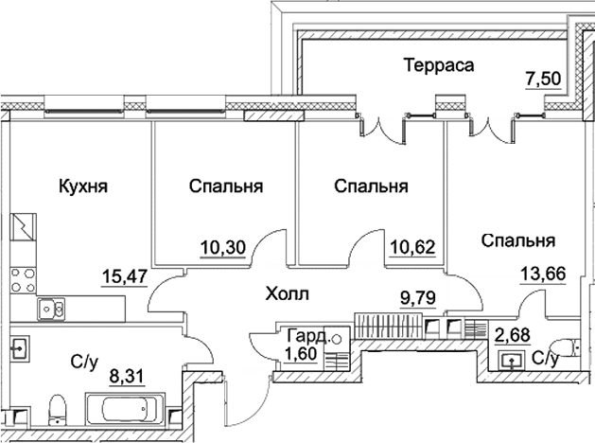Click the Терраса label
pyautogui.click(x=437, y=65)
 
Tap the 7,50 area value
pyautogui.click(x=544, y=80)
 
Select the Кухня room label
pyautogui.click(x=82, y=186)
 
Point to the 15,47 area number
pyautogui.click(x=124, y=276)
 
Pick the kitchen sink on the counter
pyautogui.click(x=50, y=309)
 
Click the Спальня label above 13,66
pyautogui.click(x=517, y=240)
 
